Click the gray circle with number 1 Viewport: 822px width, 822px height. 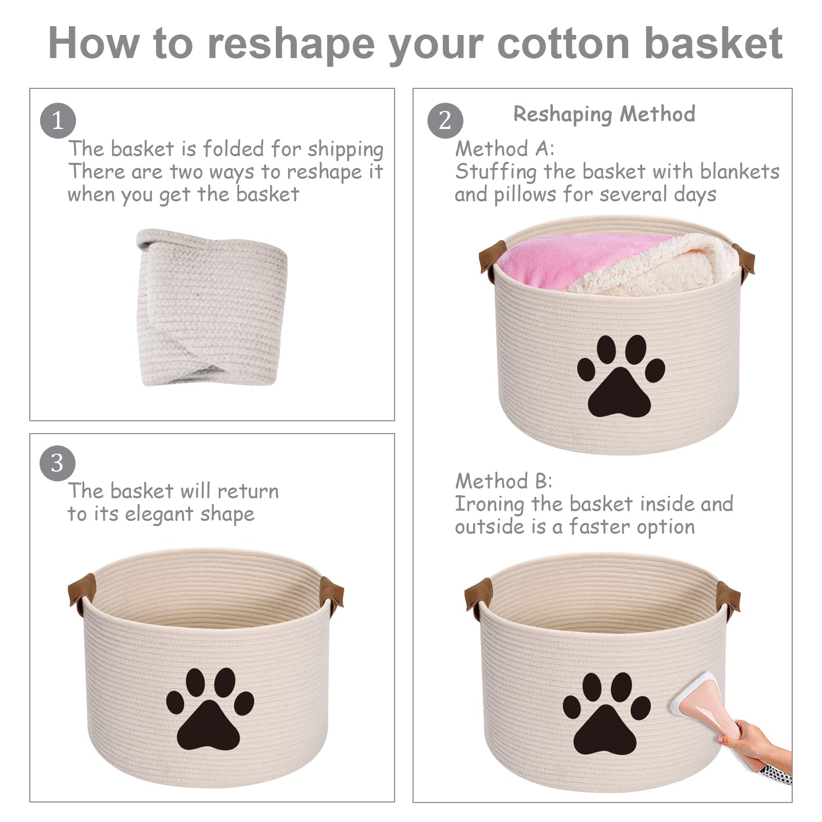coord(58,121)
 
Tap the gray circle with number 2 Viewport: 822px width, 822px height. coord(445,121)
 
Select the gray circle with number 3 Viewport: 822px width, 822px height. coord(58,463)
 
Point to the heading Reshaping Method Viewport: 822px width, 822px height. coord(604,114)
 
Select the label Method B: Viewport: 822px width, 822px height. coord(503,481)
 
